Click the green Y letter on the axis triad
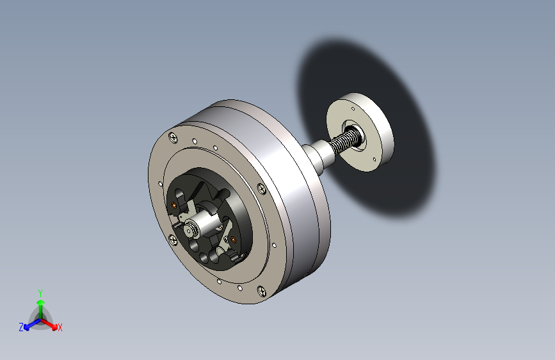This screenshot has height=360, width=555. click(x=40, y=291)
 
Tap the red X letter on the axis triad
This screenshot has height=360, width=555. click(x=60, y=328)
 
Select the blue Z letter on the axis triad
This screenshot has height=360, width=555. click(x=21, y=327)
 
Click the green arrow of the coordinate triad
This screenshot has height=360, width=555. click(x=40, y=305)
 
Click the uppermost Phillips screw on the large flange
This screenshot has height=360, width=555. click(x=172, y=137)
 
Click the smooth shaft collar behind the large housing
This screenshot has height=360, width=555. click(x=317, y=157)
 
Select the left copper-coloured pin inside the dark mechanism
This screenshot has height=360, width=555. click(x=175, y=206)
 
